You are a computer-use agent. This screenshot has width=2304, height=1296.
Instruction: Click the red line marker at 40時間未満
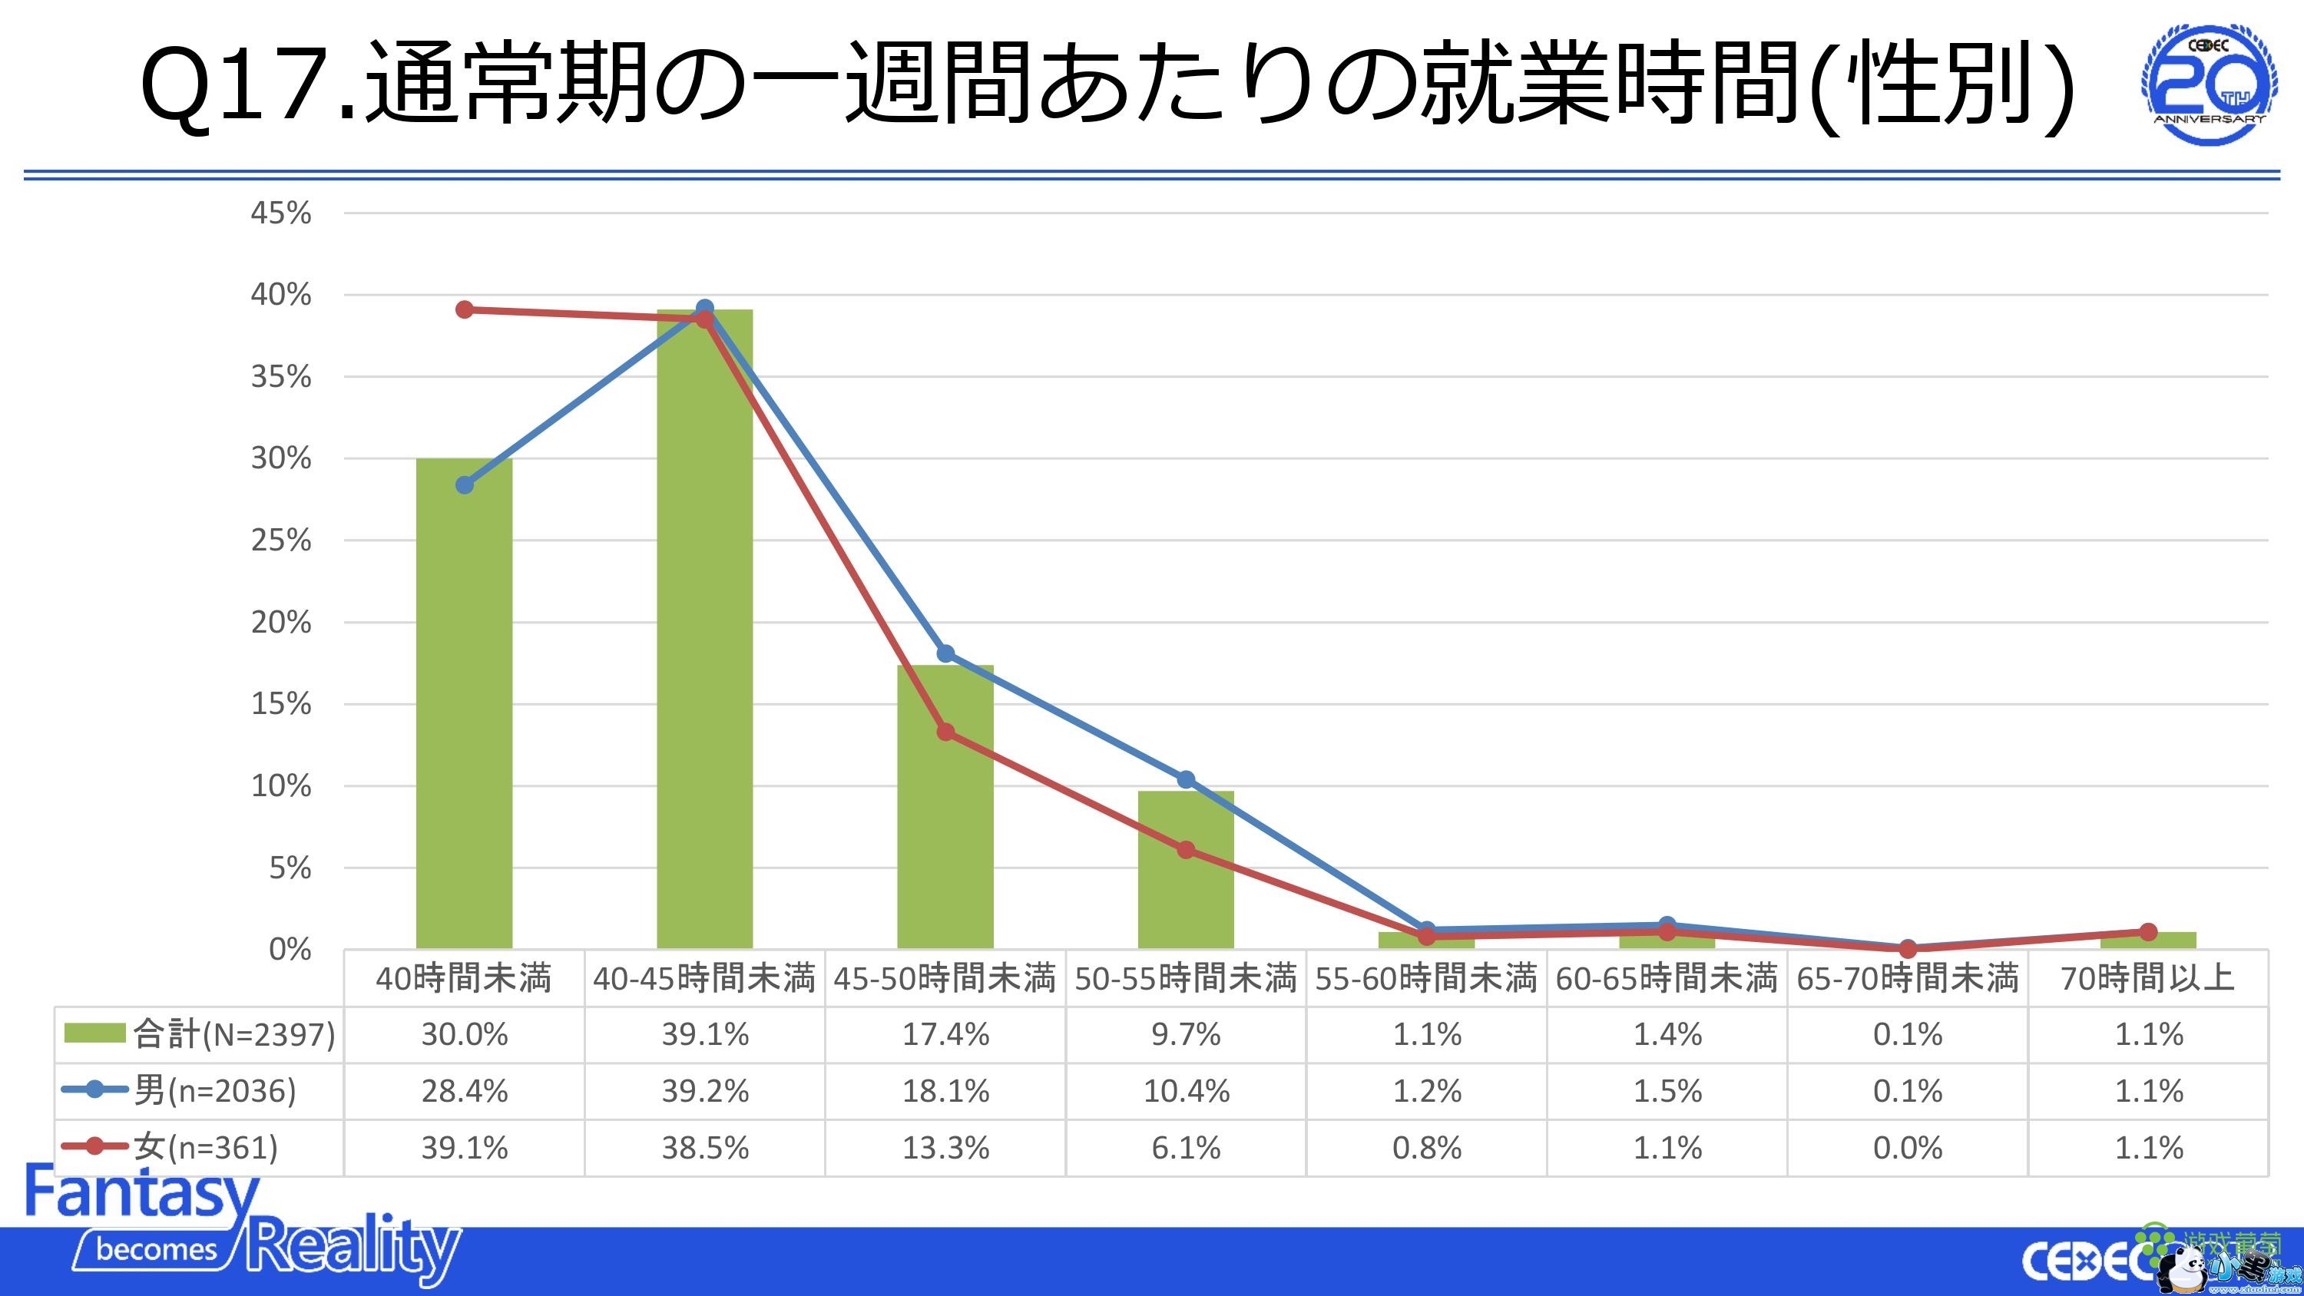464,309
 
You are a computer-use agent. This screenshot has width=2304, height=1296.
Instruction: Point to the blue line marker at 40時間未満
464,484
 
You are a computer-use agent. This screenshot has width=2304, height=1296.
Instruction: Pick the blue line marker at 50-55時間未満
1186,780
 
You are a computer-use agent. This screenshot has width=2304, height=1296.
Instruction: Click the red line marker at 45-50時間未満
945,732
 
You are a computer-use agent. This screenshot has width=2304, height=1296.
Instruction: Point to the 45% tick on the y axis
281,213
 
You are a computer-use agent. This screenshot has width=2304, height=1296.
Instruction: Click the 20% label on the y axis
281,623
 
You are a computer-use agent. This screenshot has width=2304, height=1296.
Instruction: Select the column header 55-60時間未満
1427,978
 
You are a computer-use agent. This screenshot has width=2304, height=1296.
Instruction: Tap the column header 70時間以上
2148,978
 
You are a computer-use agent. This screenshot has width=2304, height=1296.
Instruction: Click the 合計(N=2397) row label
233,1035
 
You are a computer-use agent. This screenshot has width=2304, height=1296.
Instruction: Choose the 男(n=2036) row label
215,1091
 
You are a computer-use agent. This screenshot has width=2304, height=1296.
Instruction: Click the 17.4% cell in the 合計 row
945,1035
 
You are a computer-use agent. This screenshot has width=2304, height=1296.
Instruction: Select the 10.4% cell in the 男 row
1186,1091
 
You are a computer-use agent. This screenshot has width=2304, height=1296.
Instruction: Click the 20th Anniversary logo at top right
2210,85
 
